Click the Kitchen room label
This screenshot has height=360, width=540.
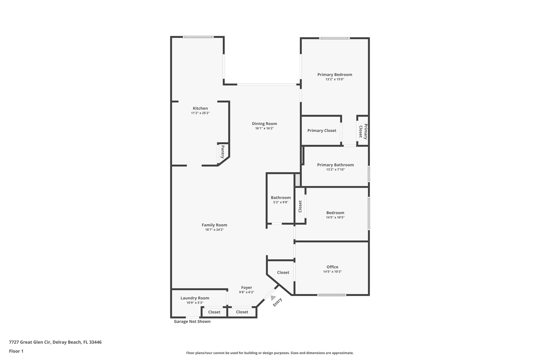click(200, 108)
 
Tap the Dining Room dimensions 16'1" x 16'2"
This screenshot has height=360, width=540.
click(264, 128)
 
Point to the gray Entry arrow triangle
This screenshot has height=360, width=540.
click(273, 297)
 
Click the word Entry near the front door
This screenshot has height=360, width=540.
click(277, 302)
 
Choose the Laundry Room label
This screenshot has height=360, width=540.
click(195, 298)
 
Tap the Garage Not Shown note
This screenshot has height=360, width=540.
click(192, 321)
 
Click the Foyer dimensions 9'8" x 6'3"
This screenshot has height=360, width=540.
click(247, 292)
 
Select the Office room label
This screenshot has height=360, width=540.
click(332, 267)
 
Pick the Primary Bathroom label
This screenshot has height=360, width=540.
click(335, 165)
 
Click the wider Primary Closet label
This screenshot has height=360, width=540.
click(322, 131)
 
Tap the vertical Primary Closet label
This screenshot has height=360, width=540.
click(363, 131)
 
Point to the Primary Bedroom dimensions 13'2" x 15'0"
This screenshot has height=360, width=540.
click(335, 79)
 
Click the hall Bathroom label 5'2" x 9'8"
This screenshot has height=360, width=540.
click(281, 198)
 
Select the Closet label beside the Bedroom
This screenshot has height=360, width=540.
click(300, 206)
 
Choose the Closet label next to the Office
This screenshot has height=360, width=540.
click(283, 272)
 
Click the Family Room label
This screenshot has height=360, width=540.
click(214, 225)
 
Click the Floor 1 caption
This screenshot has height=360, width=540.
click(16, 351)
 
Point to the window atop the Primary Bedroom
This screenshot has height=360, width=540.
click(334, 38)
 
